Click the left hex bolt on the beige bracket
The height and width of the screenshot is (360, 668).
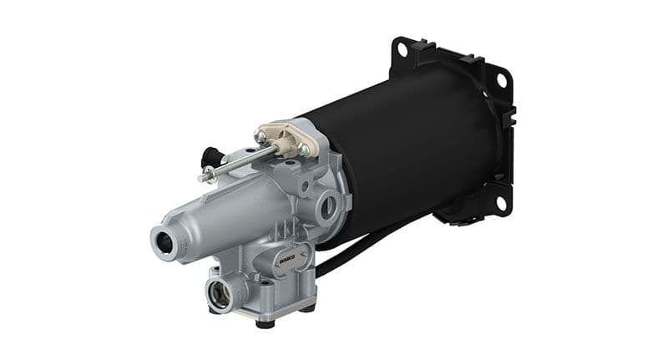coord(261,136)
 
